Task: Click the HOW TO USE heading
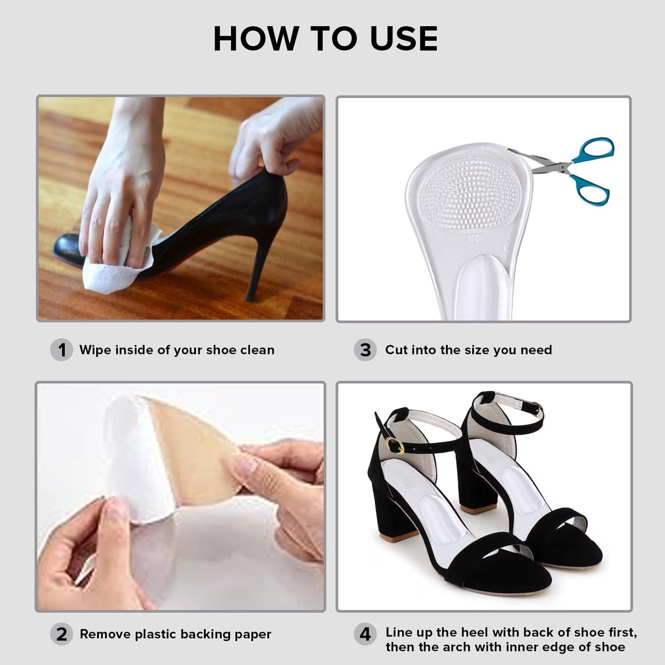(325, 39)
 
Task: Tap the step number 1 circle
(61, 350)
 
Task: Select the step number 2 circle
(61, 634)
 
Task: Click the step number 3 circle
(365, 350)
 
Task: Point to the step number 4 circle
(365, 635)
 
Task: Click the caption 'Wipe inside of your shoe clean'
(177, 350)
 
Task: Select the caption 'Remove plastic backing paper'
(175, 634)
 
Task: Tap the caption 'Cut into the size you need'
(468, 350)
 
